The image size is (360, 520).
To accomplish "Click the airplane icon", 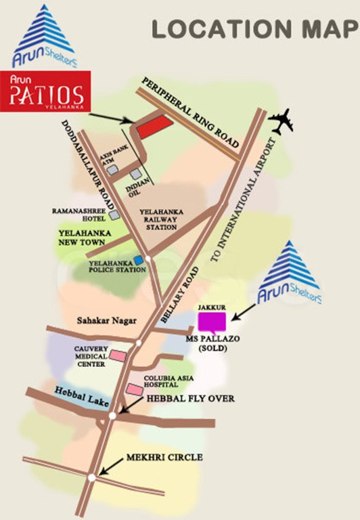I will point(283,122).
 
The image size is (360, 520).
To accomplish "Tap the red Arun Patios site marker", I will point(152,126).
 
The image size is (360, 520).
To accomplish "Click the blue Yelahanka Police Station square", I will point(138,260).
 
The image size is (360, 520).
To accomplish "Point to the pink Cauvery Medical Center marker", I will point(118,355).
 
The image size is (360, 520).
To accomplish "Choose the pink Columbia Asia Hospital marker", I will point(135,389).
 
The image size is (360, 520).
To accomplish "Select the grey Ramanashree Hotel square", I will point(114,215).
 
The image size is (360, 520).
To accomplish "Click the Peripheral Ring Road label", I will point(190,113).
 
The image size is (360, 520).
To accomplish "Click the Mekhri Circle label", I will point(164,458).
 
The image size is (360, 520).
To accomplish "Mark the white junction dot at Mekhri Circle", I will point(91,477).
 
